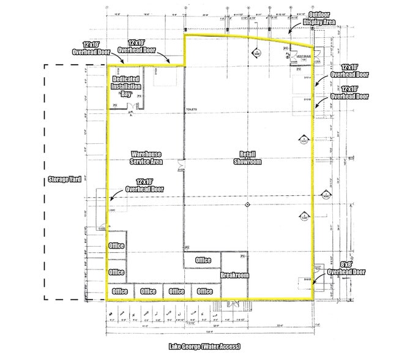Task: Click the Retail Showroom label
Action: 247,158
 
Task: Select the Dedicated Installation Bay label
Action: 125,87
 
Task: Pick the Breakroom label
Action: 235,276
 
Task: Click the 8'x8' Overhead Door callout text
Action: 346,267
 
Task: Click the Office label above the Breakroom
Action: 203,260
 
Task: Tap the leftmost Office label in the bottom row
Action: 119,291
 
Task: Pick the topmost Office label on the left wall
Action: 116,246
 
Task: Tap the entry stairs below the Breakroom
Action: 233,304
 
